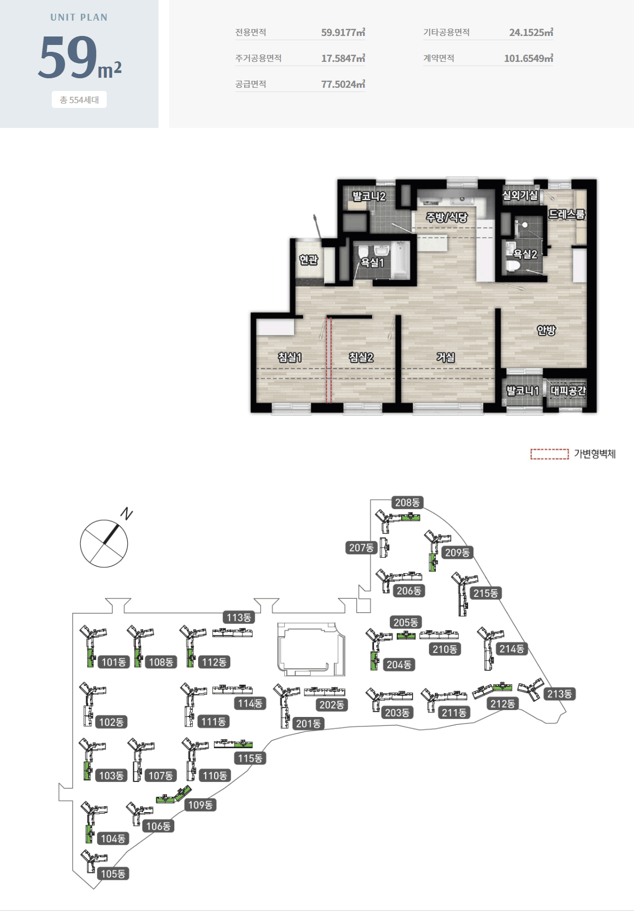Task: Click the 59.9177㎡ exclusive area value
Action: (343, 32)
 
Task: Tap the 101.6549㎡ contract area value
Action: (528, 58)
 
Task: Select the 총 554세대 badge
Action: (79, 100)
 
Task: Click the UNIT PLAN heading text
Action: (79, 17)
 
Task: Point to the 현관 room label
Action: (309, 260)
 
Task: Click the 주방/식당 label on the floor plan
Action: (447, 217)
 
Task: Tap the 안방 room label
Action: (546, 330)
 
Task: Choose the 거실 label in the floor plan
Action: (445, 357)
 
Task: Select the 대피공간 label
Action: (568, 391)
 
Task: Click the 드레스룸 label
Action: (567, 214)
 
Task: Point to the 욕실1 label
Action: (372, 262)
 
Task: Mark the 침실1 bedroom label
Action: (290, 357)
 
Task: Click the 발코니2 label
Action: (369, 196)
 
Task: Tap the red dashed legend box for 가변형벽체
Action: (549, 454)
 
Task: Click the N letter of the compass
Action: (127, 513)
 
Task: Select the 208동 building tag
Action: (407, 502)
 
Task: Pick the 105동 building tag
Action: (113, 874)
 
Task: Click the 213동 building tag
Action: (560, 694)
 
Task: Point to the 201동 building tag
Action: (309, 723)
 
